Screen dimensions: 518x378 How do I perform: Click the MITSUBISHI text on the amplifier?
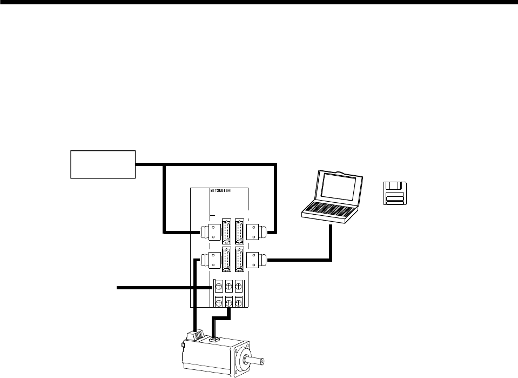click(223, 191)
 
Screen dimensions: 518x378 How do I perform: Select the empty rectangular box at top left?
click(103, 164)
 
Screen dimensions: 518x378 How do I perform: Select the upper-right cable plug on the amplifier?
click(254, 233)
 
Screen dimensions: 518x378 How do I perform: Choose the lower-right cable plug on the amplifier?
click(254, 260)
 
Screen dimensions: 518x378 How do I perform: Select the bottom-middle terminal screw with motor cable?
click(228, 302)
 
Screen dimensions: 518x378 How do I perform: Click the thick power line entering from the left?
click(162, 288)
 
